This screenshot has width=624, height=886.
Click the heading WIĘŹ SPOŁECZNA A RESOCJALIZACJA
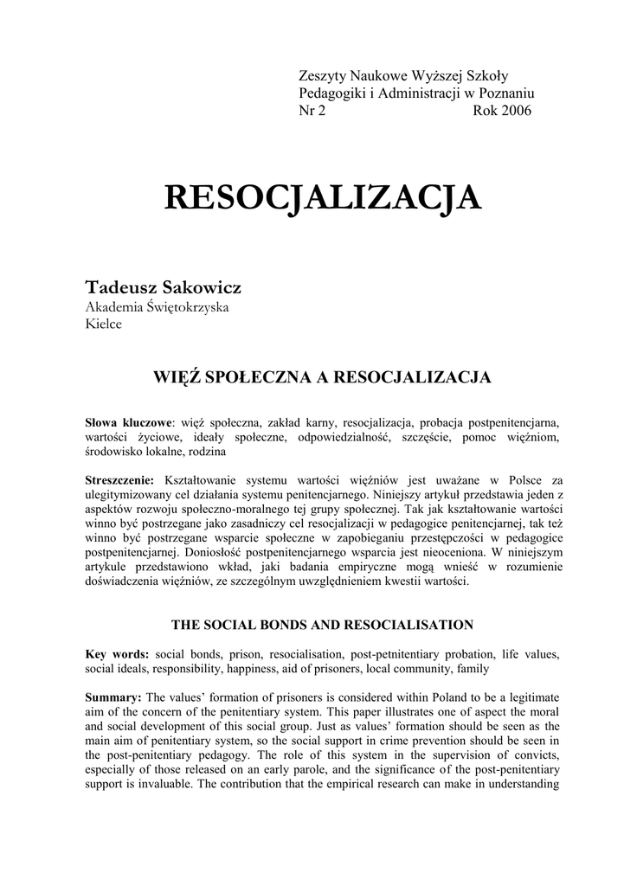click(323, 377)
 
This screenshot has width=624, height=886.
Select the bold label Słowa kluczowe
click(128, 422)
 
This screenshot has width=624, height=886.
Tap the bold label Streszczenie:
click(119, 479)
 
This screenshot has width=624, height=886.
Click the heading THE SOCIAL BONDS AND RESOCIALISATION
click(323, 624)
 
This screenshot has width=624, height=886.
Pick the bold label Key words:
click(117, 654)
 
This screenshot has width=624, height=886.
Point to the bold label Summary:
click(114, 697)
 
